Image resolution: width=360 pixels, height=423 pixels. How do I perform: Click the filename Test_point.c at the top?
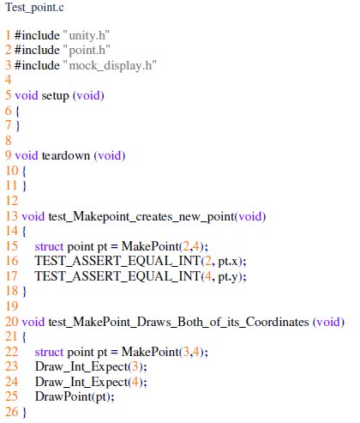(x=34, y=8)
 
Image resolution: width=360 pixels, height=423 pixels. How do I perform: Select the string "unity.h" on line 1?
(x=86, y=35)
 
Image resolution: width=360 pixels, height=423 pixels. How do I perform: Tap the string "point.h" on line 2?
(x=86, y=51)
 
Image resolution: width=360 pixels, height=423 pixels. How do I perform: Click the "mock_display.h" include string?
(x=110, y=65)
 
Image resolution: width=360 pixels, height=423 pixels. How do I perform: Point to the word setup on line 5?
(x=55, y=95)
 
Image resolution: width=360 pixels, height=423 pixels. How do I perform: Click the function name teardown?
(x=66, y=155)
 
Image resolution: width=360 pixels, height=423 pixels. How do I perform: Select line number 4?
(x=9, y=80)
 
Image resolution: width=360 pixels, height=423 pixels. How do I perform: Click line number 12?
(x=12, y=201)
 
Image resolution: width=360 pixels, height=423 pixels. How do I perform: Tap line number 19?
(x=12, y=306)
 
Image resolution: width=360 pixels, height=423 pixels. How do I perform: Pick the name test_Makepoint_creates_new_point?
(x=141, y=216)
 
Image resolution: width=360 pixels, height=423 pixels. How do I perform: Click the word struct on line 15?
(x=49, y=246)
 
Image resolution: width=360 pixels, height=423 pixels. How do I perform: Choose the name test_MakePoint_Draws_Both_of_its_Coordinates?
(x=178, y=322)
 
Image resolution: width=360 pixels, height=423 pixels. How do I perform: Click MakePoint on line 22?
(x=150, y=352)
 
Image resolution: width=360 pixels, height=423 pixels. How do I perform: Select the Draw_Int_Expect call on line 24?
(x=91, y=382)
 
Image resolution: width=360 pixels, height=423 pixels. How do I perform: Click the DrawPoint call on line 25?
(x=75, y=396)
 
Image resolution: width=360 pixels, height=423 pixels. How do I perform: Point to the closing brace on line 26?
(x=24, y=412)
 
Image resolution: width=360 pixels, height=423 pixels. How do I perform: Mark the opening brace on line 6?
(x=17, y=111)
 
